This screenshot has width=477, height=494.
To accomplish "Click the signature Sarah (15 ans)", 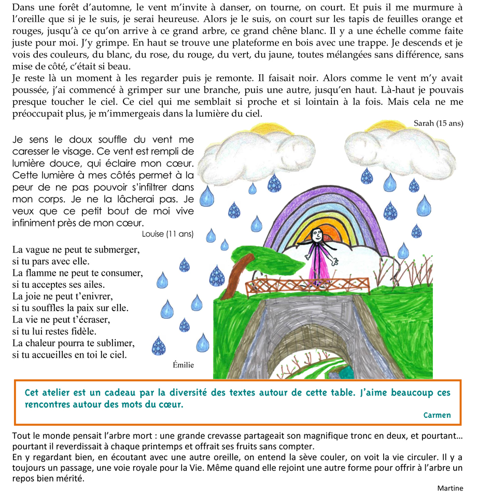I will pyautogui.click(x=439, y=123).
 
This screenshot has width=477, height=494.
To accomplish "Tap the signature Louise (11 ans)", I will pyautogui.click(x=167, y=234).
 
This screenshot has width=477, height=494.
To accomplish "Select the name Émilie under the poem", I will pyautogui.click(x=183, y=365).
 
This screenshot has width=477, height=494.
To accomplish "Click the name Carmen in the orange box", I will pyautogui.click(x=437, y=415).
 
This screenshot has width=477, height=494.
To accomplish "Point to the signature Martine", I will pyautogui.click(x=450, y=488).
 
